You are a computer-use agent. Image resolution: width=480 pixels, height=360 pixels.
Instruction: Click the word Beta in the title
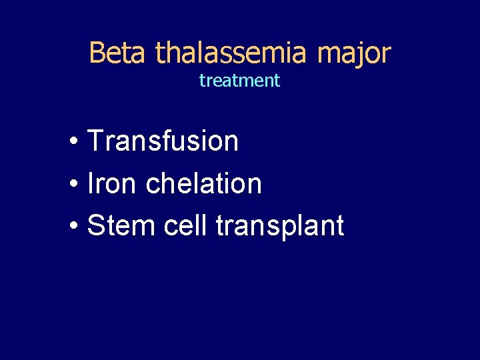click(117, 53)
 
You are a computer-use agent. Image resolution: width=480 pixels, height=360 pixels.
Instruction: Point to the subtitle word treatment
click(239, 81)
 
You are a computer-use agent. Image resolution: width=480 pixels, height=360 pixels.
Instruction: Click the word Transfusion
click(163, 141)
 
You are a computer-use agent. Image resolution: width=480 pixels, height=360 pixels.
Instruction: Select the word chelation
click(203, 183)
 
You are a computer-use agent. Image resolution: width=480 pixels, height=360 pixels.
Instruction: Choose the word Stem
click(115, 225)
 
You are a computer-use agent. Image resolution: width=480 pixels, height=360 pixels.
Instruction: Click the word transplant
click(280, 227)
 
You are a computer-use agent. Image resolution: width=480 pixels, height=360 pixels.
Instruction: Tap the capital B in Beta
click(97, 53)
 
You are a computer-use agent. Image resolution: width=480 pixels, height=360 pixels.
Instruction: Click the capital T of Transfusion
click(95, 141)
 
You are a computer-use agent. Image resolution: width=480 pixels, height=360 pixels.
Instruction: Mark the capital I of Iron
click(91, 183)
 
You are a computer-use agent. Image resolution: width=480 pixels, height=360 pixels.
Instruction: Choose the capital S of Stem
click(96, 225)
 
